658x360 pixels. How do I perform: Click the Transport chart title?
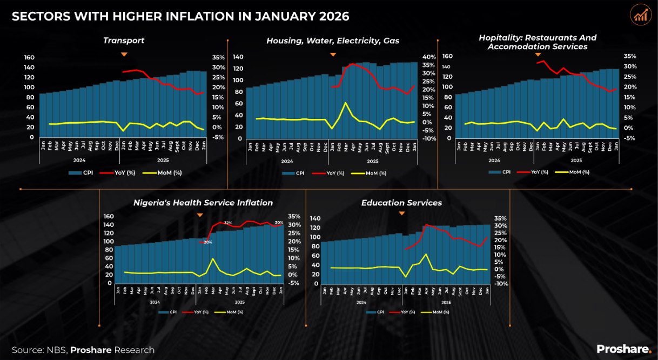click(x=124, y=41)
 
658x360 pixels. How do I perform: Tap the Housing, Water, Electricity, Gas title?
click(x=333, y=41)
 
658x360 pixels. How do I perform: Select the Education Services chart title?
click(x=401, y=203)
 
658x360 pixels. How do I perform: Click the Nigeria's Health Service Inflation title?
click(x=203, y=203)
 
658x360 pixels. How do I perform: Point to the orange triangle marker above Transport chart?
click(x=124, y=54)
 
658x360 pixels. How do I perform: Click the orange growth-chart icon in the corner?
click(x=641, y=15)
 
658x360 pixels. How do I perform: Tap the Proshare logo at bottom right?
click(x=623, y=349)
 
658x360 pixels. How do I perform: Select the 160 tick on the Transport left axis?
click(x=29, y=57)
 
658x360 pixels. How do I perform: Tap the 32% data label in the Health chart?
click(x=228, y=223)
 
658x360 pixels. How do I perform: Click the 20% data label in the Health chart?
click(x=207, y=242)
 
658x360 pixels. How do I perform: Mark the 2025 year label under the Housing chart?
click(x=373, y=161)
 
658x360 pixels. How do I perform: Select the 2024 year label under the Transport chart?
click(x=79, y=160)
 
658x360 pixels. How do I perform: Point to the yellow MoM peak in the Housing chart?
click(x=345, y=102)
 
